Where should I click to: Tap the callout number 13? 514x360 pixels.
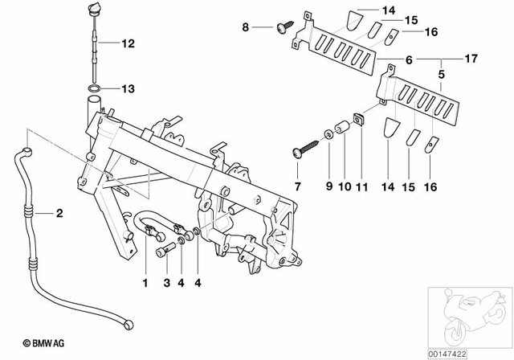(x=129, y=88)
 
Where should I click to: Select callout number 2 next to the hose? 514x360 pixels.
(x=58, y=213)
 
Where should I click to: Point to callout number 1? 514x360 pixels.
(x=145, y=283)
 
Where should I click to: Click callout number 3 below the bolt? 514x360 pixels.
(x=165, y=283)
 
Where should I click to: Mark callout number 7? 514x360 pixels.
(x=299, y=186)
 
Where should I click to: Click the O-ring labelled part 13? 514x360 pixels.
(x=94, y=88)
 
